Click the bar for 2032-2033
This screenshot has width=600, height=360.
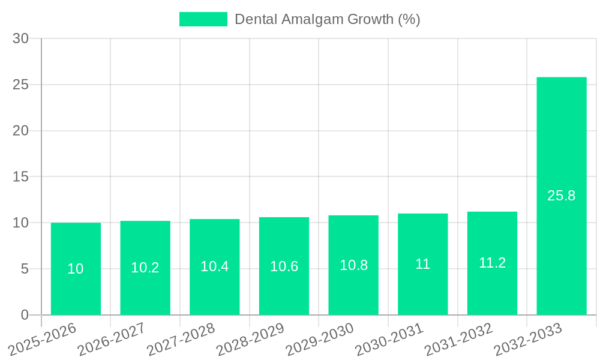click(562, 196)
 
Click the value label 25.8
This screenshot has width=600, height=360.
click(562, 196)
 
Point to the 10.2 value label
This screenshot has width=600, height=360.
click(145, 268)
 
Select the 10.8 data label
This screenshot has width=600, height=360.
click(353, 265)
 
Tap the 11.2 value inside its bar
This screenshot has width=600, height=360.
click(492, 263)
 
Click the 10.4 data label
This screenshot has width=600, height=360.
click(214, 266)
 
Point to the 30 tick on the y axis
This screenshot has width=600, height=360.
click(21, 38)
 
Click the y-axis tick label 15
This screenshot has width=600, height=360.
click(21, 177)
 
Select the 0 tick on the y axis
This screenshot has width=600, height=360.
click(25, 315)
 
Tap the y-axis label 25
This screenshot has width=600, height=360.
click(21, 85)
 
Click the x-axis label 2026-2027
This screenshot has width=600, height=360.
click(110, 339)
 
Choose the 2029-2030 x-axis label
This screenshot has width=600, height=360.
click(319, 339)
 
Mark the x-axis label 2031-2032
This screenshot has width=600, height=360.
click(458, 339)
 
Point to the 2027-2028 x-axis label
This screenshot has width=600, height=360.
click(180, 339)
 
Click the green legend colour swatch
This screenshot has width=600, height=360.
click(203, 19)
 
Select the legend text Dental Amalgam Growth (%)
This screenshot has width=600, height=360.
click(327, 19)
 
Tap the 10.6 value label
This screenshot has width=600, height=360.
click(284, 266)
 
